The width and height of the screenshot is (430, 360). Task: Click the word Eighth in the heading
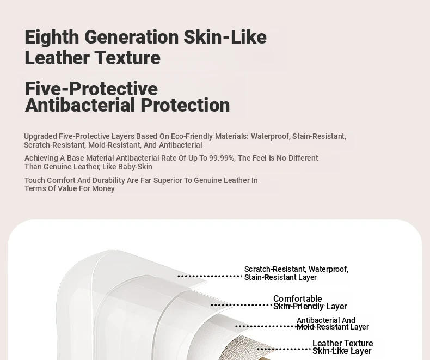[52, 38]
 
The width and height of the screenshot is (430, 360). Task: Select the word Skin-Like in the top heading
[225, 37]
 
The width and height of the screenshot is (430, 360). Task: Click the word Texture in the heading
[127, 58]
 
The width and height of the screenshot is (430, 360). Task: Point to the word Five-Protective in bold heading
[91, 89]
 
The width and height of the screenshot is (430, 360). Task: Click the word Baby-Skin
[139, 167]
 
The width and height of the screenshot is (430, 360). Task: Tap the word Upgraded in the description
[40, 136]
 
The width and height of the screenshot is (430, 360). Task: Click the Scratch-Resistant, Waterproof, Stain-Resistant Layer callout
[296, 273]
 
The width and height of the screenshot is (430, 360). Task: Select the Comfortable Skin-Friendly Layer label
[310, 302]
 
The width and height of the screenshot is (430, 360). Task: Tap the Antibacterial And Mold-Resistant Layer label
[333, 324]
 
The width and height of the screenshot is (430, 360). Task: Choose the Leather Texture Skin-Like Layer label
[342, 347]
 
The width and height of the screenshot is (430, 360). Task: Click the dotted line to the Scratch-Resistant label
[210, 276]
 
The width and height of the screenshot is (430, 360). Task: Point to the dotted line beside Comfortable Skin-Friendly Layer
[241, 305]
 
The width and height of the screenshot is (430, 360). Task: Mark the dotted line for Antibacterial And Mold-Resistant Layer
[265, 326]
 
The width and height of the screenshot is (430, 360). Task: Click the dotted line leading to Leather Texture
[284, 349]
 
